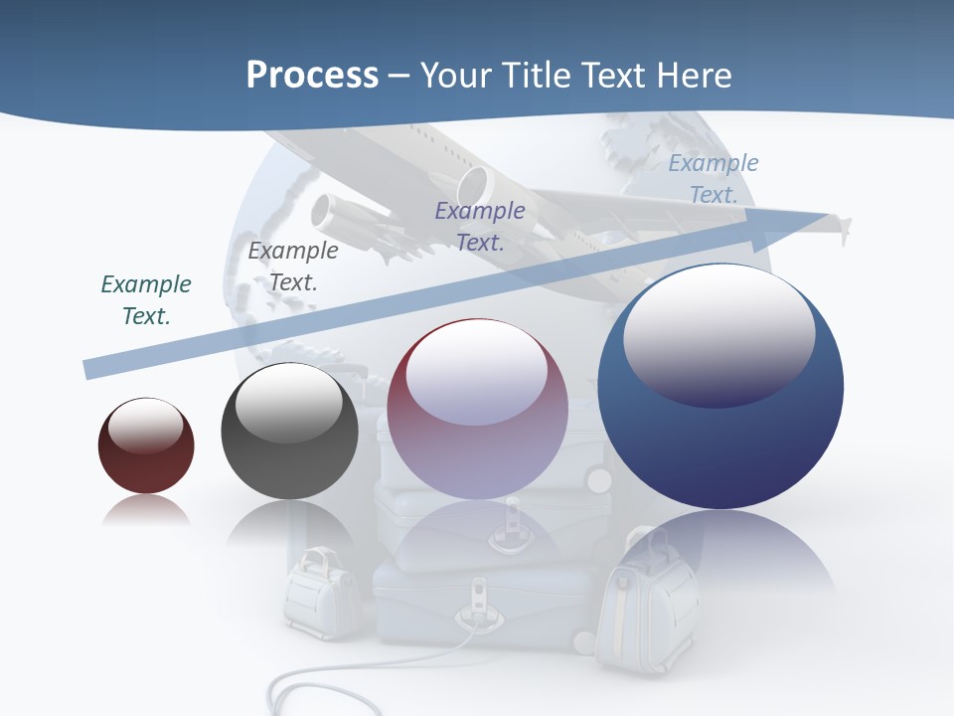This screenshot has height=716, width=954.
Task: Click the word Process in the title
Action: tap(312, 76)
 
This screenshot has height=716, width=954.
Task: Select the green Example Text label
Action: tap(146, 300)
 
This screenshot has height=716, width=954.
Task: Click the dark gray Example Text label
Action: tap(293, 267)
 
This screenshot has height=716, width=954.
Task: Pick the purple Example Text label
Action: tap(480, 226)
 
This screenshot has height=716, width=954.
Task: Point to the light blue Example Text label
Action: tap(714, 179)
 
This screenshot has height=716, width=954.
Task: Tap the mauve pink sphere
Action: tap(477, 438)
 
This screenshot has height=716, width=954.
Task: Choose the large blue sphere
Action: tap(720, 438)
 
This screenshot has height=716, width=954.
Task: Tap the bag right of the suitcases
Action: tap(646, 607)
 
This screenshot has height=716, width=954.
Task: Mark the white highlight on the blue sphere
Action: tap(718, 333)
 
